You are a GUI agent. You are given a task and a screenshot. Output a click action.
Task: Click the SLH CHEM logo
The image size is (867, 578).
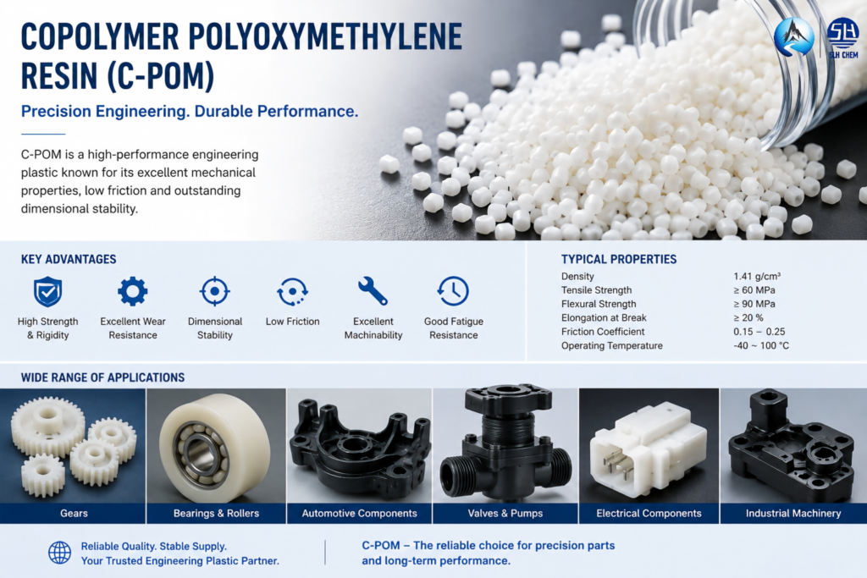[842, 37]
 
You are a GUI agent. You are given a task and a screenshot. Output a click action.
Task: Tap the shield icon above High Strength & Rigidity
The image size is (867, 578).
[47, 291]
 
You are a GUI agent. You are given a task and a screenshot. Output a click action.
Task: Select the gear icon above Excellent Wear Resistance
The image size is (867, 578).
[133, 291]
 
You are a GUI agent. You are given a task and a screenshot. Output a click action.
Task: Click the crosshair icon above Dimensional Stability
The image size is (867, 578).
[215, 291]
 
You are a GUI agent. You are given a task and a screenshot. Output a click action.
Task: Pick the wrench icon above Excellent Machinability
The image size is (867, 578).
[373, 291]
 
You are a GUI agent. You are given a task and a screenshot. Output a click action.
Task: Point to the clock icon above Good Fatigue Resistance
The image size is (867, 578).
[453, 291]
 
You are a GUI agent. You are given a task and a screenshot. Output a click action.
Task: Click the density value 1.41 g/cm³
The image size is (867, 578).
[757, 276]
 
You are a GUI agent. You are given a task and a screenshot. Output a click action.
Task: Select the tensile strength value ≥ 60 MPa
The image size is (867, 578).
[754, 290]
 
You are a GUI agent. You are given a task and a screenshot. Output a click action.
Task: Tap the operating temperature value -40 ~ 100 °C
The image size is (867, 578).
[761, 345]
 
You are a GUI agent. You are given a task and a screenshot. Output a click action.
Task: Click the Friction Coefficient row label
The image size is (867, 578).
[603, 332]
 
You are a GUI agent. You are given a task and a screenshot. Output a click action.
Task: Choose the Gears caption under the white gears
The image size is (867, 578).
[74, 514]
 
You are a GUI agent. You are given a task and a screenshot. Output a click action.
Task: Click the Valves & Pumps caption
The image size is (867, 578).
[505, 514]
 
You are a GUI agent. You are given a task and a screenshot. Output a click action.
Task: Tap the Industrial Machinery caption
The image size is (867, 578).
[793, 514]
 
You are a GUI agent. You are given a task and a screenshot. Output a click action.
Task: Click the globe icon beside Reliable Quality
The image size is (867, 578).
[60, 553]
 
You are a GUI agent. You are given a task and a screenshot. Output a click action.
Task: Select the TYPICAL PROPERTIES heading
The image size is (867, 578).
[619, 259]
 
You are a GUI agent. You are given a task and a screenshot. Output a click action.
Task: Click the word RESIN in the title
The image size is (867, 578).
[59, 75]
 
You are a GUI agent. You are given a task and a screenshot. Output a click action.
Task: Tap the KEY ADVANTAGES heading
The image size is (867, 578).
[69, 259]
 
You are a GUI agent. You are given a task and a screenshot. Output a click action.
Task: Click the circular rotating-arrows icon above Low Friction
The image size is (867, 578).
[292, 291]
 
